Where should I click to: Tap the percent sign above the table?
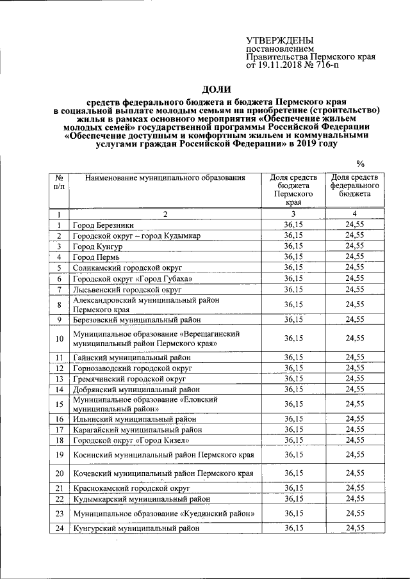(360, 163)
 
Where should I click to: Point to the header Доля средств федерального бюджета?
(354, 185)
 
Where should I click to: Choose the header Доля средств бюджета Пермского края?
(292, 189)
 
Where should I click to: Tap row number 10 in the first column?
(59, 338)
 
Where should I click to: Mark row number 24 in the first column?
(59, 528)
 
